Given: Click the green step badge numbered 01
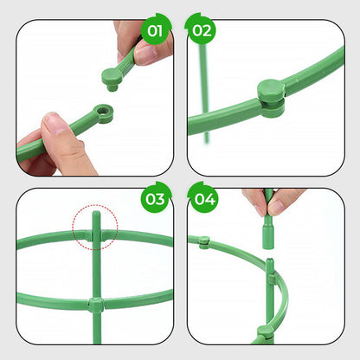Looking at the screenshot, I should [155, 31].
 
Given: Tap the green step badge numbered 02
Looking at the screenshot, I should [202, 31].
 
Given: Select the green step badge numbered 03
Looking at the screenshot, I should [155, 199].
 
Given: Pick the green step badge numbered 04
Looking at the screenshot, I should [202, 199].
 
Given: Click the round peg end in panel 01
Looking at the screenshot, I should [113, 79].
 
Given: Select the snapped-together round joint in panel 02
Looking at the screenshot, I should [270, 93].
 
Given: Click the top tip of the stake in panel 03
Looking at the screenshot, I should [96, 217].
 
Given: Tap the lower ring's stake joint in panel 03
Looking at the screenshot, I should [96, 305].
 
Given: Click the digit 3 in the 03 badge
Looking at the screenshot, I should [159, 199].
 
